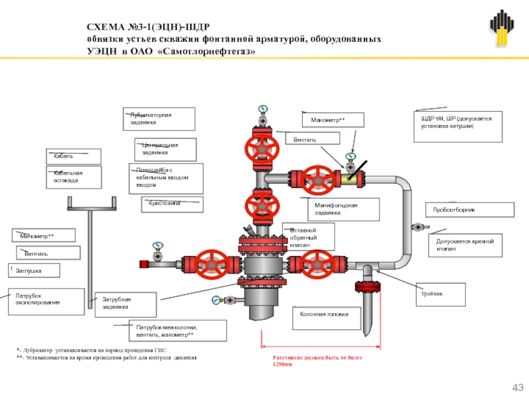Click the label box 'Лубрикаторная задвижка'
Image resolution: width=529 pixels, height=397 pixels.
click(159, 119)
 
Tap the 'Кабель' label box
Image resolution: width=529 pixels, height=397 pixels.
click(73, 156)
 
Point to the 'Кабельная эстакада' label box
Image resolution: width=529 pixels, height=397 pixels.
click(73, 177)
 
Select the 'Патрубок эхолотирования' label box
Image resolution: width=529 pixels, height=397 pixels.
click(46, 300)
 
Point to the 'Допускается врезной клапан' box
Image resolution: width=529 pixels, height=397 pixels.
click(465, 245)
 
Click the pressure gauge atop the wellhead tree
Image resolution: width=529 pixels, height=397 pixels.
click(263, 109)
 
